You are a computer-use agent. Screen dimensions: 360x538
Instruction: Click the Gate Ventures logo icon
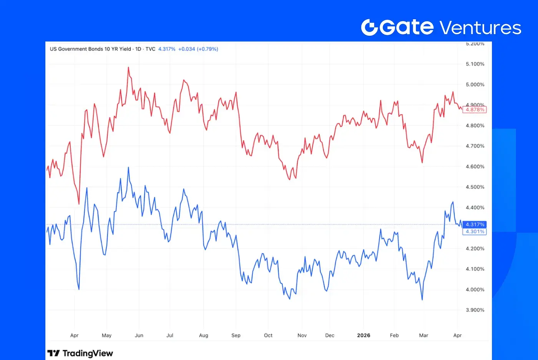(x=370, y=27)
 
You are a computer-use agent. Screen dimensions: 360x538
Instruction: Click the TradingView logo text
(x=88, y=353)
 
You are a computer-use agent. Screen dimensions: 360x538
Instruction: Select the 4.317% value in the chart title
(x=167, y=49)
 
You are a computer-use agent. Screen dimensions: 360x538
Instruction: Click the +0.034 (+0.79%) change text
(x=198, y=49)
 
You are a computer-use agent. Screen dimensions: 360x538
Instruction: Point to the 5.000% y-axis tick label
(x=475, y=85)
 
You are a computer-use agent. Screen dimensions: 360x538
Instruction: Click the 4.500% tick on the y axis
(x=475, y=187)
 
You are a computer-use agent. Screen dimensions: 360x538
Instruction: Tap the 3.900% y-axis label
(x=475, y=310)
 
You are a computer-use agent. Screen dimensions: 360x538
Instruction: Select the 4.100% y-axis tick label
(x=475, y=269)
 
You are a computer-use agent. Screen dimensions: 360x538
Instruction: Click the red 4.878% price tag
(x=475, y=110)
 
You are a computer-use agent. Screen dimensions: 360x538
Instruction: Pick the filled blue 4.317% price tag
(x=475, y=224)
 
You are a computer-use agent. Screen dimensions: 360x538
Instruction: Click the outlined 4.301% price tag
(x=475, y=232)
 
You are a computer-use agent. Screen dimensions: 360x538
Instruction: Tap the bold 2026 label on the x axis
(x=364, y=335)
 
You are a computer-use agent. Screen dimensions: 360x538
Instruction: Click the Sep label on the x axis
(x=236, y=335)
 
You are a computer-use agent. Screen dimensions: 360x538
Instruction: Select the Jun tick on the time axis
(x=139, y=335)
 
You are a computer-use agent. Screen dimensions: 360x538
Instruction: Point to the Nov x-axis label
(x=302, y=335)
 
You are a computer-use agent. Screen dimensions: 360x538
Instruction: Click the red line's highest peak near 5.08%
(x=128, y=68)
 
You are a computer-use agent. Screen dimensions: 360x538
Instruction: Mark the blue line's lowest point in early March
(x=422, y=299)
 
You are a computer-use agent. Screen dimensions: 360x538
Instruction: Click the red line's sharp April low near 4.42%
(x=79, y=203)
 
